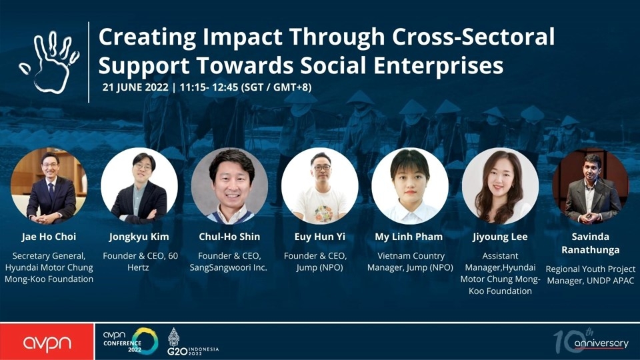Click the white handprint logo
(x=49, y=61)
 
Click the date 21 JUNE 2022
(x=135, y=87)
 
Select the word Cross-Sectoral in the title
(x=473, y=36)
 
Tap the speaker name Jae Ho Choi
(x=49, y=237)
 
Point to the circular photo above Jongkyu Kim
(x=139, y=186)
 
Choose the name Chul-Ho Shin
(x=229, y=237)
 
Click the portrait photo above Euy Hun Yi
(x=320, y=186)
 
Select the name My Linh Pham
(x=409, y=237)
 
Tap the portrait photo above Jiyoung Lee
(x=501, y=186)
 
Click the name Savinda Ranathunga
(x=591, y=243)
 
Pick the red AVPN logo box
(x=47, y=342)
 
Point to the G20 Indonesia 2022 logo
(x=193, y=342)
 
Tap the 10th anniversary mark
(x=591, y=341)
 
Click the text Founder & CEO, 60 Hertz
(x=140, y=261)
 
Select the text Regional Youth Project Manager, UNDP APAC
(x=591, y=275)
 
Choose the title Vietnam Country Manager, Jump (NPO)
(x=410, y=261)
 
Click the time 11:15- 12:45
(x=209, y=87)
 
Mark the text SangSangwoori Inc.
(x=229, y=268)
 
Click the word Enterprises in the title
(x=439, y=66)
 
